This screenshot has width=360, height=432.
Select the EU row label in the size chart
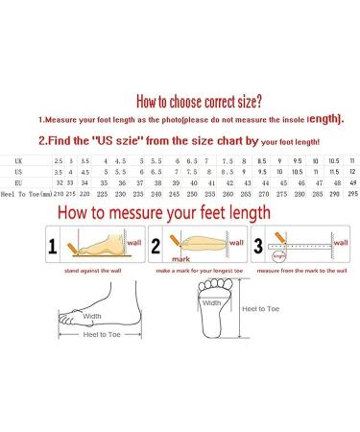(20, 180)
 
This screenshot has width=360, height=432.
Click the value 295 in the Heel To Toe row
(350, 193)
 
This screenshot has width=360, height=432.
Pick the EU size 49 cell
(350, 180)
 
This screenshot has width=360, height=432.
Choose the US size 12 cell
(352, 170)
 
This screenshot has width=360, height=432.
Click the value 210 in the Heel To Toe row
(60, 193)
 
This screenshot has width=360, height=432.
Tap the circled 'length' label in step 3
(279, 256)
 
